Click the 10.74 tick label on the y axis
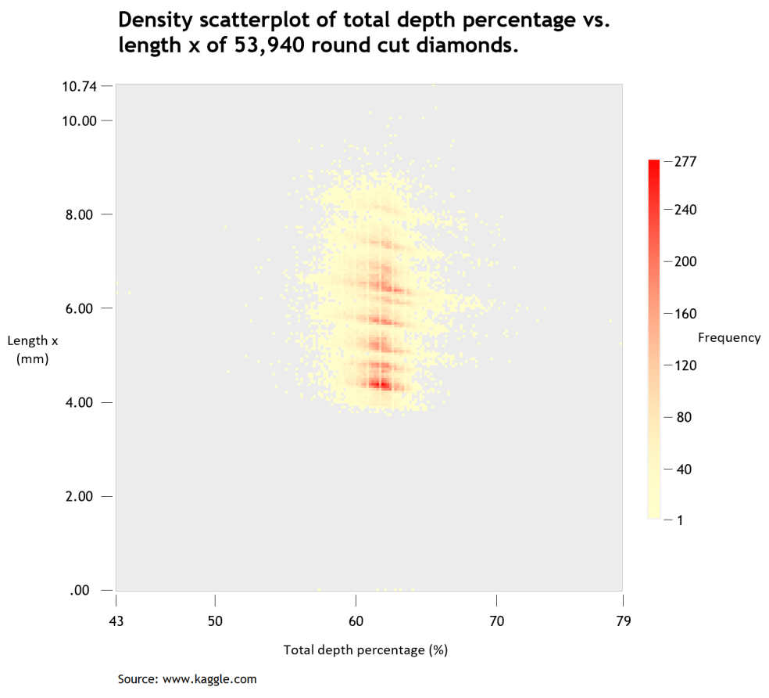pyautogui.click(x=79, y=86)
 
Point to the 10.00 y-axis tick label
pyautogui.click(x=79, y=121)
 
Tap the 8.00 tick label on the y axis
pyautogui.click(x=81, y=214)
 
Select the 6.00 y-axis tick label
pyautogui.click(x=81, y=308)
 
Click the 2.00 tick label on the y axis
pyautogui.click(x=81, y=496)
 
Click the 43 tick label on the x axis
pyautogui.click(x=116, y=621)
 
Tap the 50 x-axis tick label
pyautogui.click(x=215, y=621)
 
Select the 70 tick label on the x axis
pyautogui.click(x=496, y=621)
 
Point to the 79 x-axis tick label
pyautogui.click(x=622, y=621)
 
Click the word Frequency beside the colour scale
pyautogui.click(x=728, y=338)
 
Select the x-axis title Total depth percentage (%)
pyautogui.click(x=365, y=650)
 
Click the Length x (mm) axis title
pyautogui.click(x=33, y=350)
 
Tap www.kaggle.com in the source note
pyautogui.click(x=209, y=678)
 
